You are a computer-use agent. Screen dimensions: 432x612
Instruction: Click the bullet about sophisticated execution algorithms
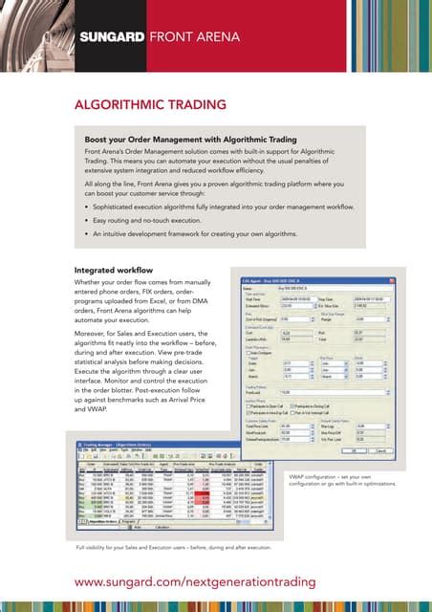[x=222, y=207]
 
